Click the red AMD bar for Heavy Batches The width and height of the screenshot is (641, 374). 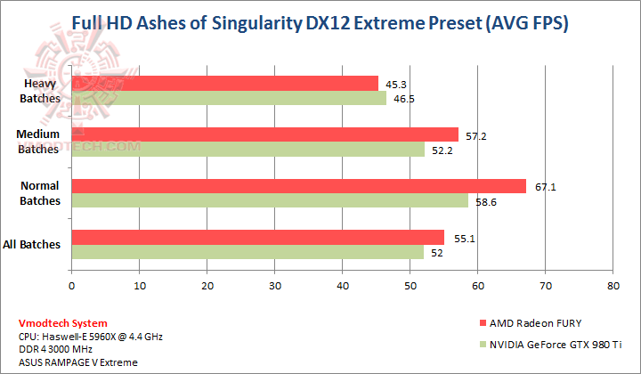tap(224, 84)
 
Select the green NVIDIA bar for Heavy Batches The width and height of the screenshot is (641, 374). tap(229, 98)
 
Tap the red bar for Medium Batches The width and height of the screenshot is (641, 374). tap(264, 134)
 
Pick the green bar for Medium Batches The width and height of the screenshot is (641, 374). tap(247, 150)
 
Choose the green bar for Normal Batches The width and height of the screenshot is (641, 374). tap(269, 201)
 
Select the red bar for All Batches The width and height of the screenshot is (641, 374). tap(257, 238)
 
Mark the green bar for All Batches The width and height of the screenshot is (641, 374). tap(247, 252)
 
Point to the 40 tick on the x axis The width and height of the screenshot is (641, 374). tap(342, 288)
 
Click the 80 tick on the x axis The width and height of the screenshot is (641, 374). tap(613, 288)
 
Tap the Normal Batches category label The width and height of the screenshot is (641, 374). tap(39, 193)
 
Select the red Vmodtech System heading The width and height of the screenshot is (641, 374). tap(63, 323)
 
